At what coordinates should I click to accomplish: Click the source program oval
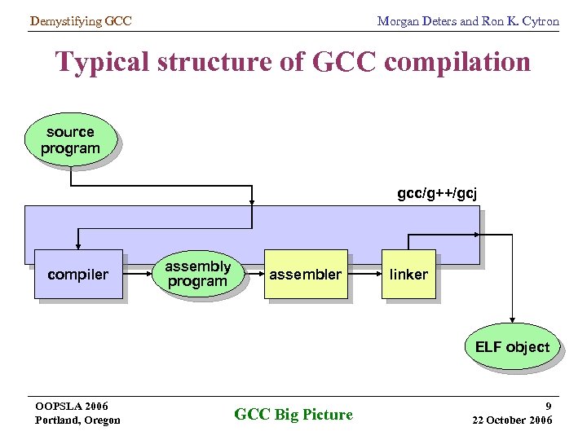click(x=70, y=140)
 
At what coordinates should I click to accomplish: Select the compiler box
click(x=77, y=275)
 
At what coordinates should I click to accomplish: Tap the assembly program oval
click(x=197, y=274)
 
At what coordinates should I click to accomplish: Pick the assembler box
click(x=306, y=275)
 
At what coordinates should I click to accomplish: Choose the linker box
click(x=408, y=275)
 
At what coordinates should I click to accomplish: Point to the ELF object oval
click(x=512, y=347)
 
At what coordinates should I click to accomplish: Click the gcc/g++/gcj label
click(x=437, y=193)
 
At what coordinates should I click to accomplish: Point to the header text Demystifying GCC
click(x=80, y=21)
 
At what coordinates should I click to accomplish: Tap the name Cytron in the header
click(x=540, y=21)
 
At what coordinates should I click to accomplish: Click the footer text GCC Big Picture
click(x=293, y=415)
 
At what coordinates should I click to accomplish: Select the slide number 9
click(x=549, y=405)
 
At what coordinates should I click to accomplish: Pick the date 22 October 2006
click(x=512, y=420)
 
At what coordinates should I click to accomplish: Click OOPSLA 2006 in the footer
click(x=72, y=406)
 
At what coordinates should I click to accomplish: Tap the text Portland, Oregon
click(x=77, y=420)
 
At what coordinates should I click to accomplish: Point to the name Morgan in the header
click(x=397, y=21)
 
